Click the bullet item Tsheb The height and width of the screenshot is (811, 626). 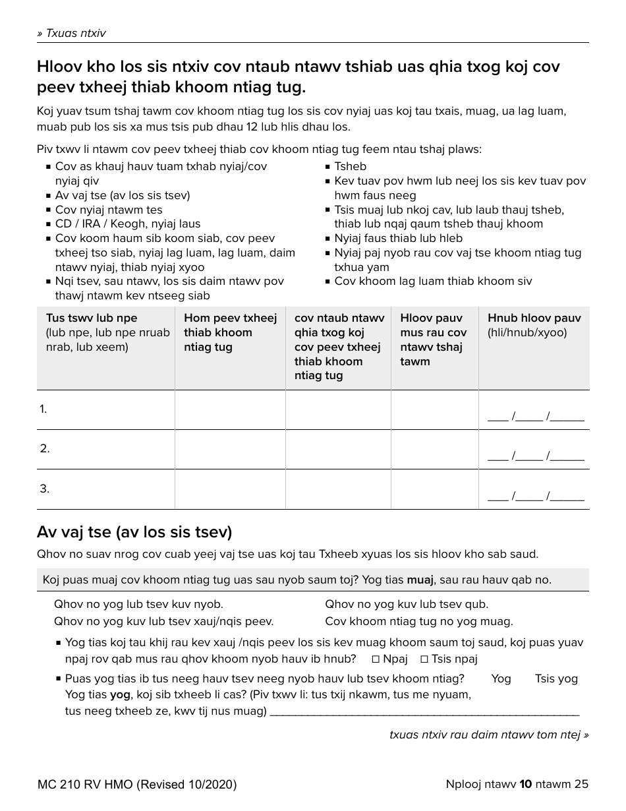coord(350,166)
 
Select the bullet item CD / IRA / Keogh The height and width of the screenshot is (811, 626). coord(128,224)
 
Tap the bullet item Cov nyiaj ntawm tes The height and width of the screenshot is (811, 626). coord(109,210)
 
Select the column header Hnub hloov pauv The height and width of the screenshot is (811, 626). coord(534,318)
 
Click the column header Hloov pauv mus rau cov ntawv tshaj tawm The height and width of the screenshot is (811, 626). coord(433,340)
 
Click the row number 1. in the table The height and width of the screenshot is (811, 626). coord(43,409)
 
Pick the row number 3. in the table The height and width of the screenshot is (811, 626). coord(44,489)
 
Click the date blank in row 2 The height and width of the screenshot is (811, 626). coord(535,457)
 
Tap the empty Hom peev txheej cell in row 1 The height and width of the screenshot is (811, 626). coord(229,409)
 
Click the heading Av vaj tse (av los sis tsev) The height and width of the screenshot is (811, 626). coord(134,531)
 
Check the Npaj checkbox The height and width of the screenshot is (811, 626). coord(376,659)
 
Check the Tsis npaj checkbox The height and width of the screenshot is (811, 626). coord(424,659)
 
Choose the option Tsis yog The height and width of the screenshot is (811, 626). coord(555,678)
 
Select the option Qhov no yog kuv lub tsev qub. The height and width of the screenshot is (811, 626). coord(407,604)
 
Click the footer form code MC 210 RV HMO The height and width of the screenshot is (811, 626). coord(137,784)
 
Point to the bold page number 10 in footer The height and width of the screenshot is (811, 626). coord(526,784)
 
